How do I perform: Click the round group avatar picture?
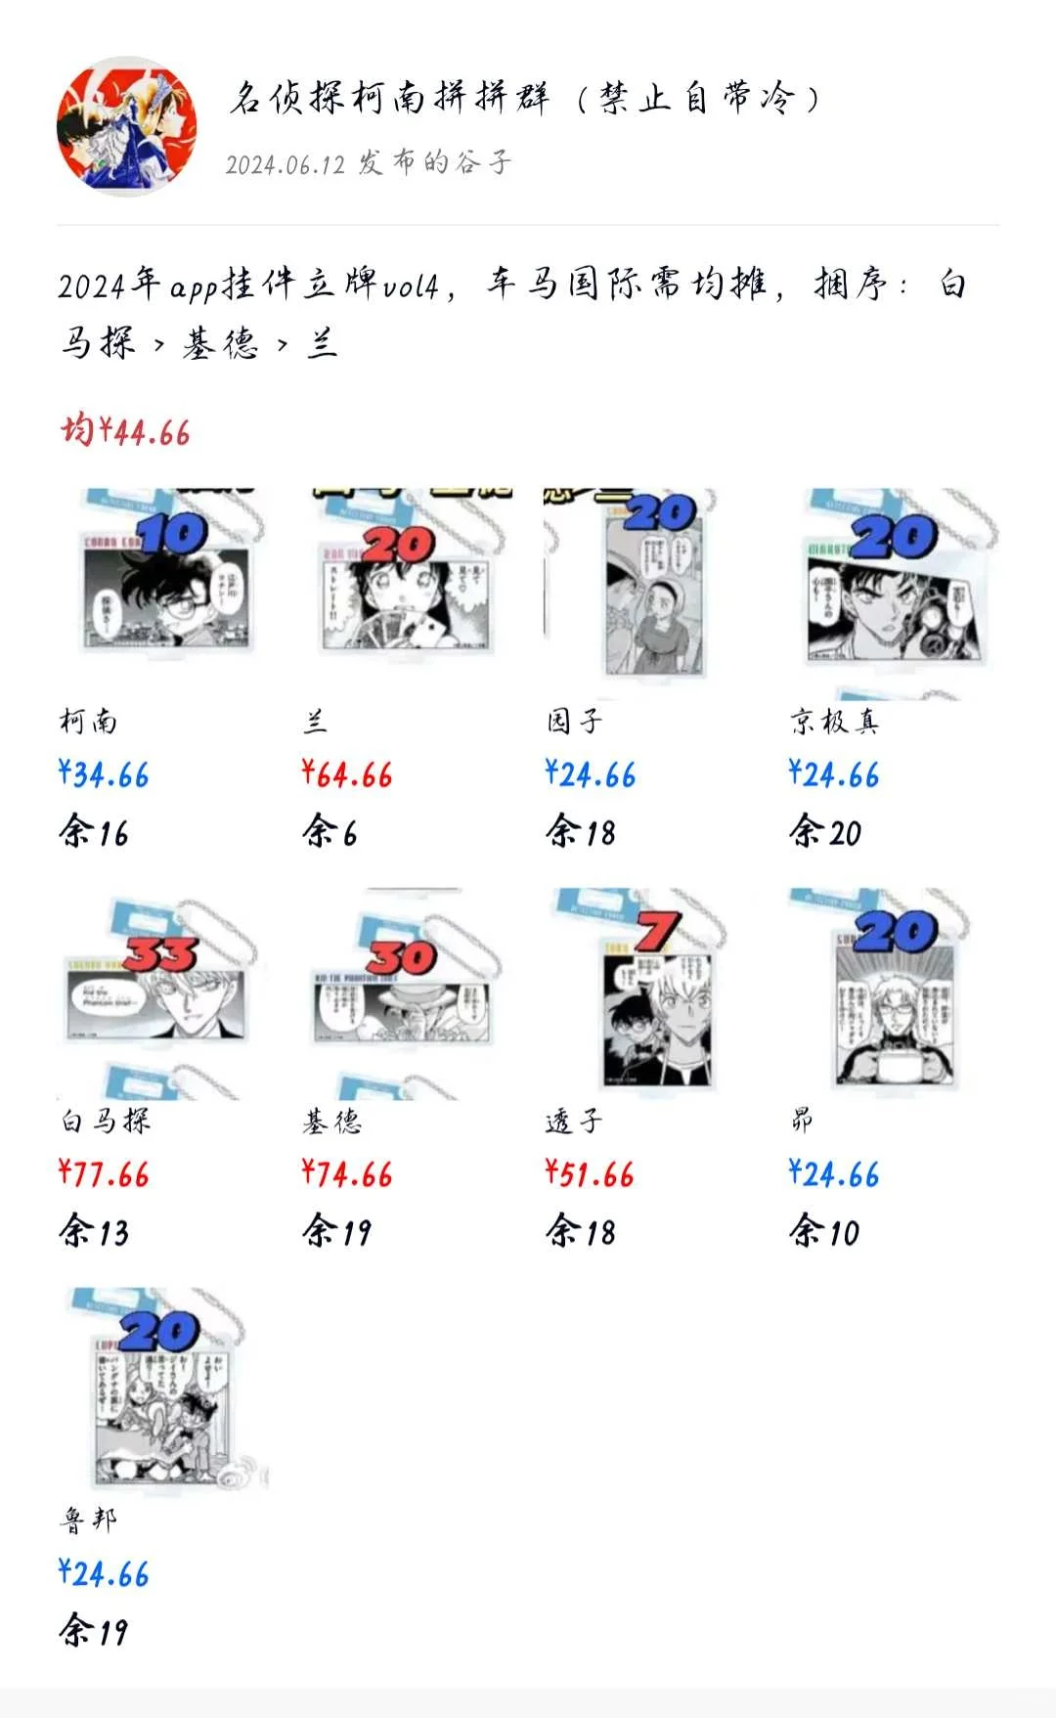click(126, 126)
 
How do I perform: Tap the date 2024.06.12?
click(286, 164)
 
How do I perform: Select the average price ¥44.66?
click(125, 430)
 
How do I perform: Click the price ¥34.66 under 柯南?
click(104, 775)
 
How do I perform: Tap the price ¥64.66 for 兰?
click(347, 775)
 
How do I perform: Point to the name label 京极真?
click(834, 722)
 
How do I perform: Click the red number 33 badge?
click(161, 953)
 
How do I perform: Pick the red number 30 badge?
click(402, 957)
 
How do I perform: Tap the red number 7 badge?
click(657, 931)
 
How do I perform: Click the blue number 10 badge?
click(173, 534)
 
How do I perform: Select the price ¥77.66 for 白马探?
click(104, 1174)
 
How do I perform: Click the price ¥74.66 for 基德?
click(347, 1174)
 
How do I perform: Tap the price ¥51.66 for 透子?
click(590, 1174)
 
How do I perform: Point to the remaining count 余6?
click(330, 833)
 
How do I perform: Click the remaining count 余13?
click(94, 1232)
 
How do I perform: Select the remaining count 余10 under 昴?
click(824, 1232)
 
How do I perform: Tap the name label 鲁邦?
click(88, 1520)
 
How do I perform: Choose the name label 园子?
click(574, 722)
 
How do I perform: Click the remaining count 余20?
click(825, 833)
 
